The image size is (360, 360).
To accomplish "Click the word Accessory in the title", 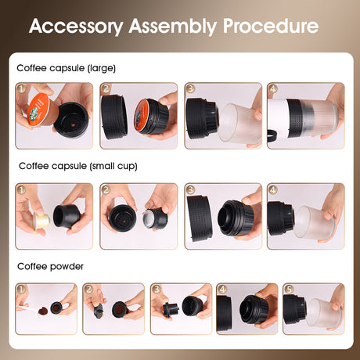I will click(77, 26).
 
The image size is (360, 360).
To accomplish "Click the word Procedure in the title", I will click(271, 26).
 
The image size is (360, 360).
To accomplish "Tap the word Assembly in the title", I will click(175, 26).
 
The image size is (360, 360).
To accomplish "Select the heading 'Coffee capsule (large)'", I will click(66, 68).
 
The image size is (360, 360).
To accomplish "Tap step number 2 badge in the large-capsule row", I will click(106, 88).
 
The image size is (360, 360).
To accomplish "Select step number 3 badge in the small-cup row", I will click(189, 189).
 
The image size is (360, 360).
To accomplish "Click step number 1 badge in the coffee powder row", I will click(21, 288).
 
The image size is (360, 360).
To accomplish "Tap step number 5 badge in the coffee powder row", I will click(288, 288).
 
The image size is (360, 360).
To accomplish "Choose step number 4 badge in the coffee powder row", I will click(221, 288).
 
